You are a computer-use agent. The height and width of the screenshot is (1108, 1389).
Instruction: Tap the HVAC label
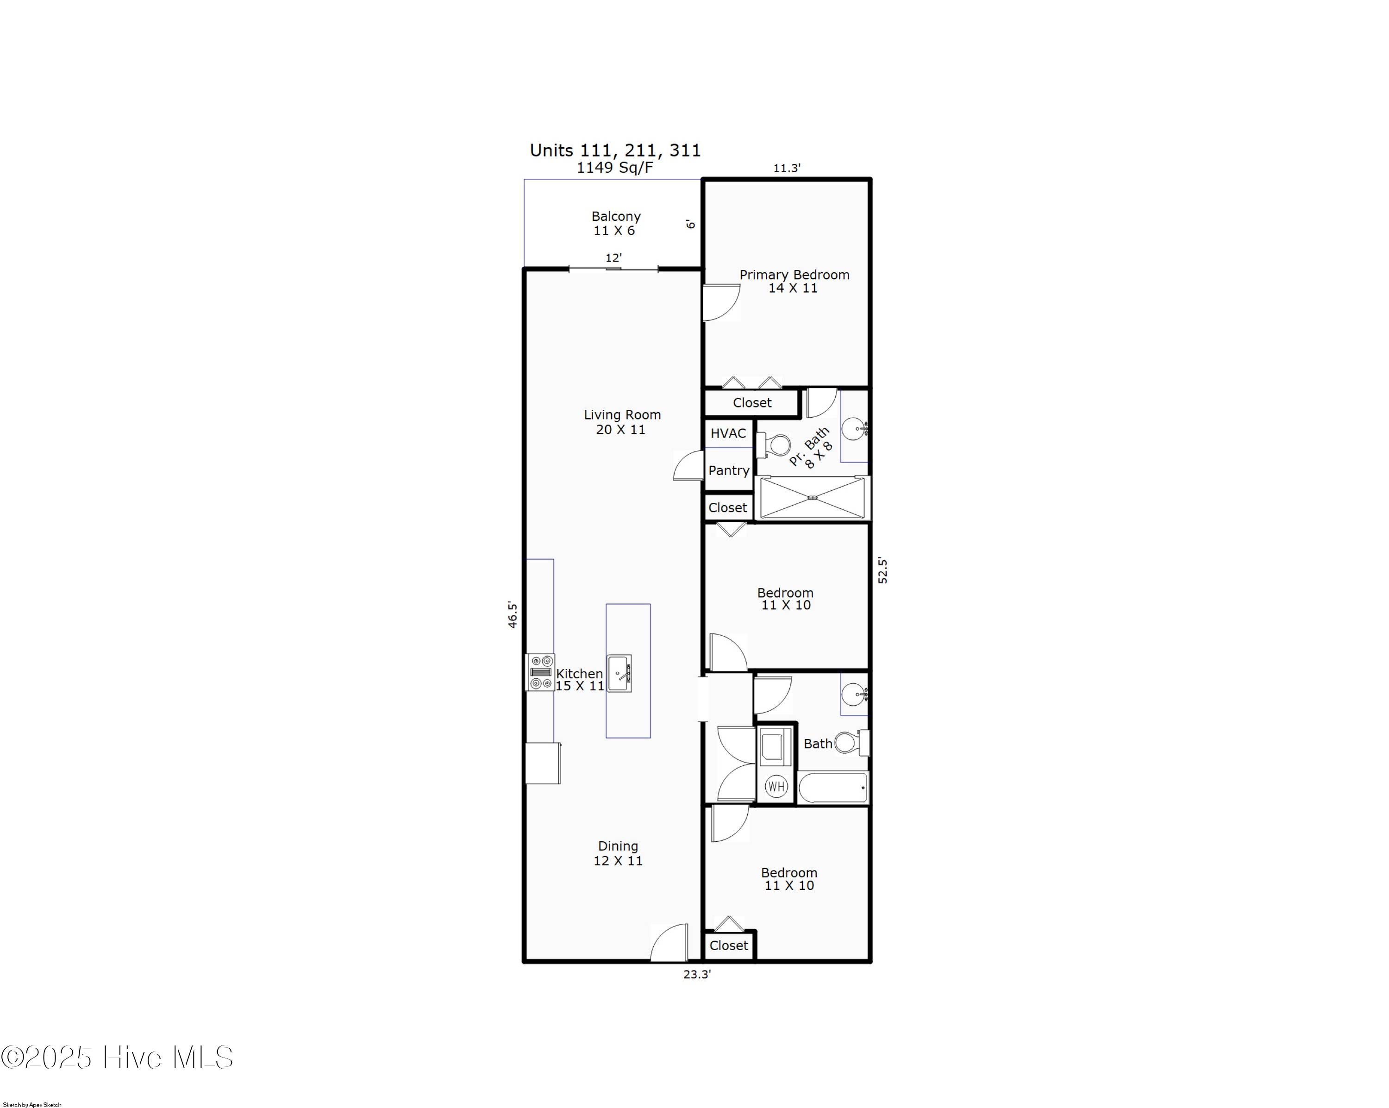728,433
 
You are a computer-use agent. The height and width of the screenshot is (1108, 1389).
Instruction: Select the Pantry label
729,470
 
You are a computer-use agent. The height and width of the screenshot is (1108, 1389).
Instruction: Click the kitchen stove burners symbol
540,672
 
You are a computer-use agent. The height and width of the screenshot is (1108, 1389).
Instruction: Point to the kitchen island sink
619,673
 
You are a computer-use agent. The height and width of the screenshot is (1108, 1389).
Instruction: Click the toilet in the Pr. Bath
775,445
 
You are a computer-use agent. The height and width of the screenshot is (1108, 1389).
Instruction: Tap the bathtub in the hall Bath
833,787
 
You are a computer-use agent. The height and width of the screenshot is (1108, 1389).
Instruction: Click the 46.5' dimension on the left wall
512,614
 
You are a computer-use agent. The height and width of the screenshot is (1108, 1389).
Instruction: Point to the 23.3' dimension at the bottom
697,975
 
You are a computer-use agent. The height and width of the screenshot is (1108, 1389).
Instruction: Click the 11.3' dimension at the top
787,168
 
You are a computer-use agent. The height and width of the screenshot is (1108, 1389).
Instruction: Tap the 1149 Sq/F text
614,168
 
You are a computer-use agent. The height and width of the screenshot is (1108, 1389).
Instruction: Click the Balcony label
616,216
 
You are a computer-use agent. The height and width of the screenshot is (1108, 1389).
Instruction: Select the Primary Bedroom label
794,275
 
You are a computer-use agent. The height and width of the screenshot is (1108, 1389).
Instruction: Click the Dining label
618,846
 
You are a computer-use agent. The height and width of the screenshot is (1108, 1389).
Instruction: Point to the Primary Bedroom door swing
721,303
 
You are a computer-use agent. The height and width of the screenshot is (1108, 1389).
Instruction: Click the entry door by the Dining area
670,943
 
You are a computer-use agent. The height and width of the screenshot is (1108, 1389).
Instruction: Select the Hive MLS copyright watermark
117,1058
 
